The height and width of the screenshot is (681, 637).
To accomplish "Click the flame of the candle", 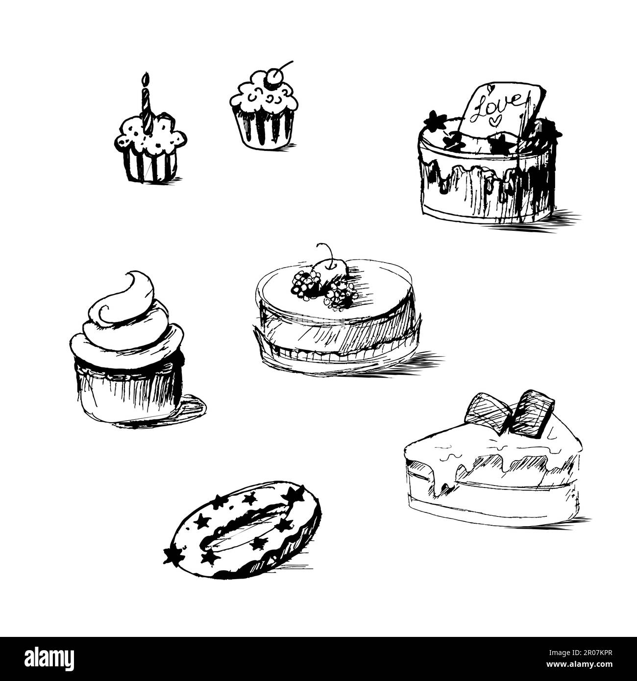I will pyautogui.click(x=145, y=80).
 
